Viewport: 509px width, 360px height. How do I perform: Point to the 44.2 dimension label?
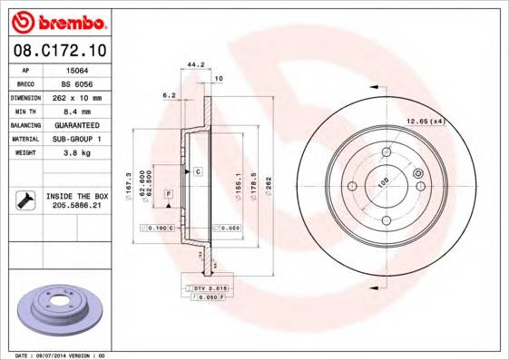click(x=192, y=64)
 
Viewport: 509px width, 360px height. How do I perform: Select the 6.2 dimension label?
click(x=168, y=94)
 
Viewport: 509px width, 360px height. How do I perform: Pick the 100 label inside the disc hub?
click(x=384, y=182)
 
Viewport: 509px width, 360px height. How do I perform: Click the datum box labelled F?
click(x=168, y=194)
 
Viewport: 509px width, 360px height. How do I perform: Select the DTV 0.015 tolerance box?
click(x=206, y=287)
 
